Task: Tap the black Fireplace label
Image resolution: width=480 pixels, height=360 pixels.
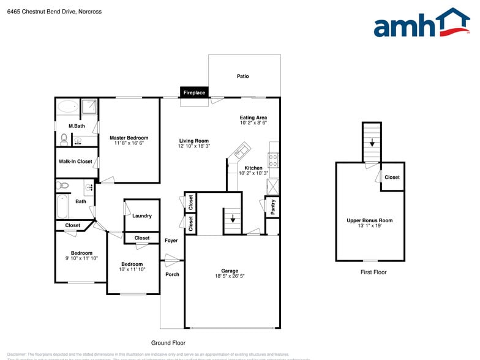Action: tap(194, 92)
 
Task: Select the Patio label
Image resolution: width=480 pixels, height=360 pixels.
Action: tap(243, 77)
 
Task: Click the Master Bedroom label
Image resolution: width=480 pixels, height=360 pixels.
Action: tap(129, 138)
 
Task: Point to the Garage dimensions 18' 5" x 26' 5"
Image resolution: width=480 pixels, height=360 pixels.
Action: tap(230, 276)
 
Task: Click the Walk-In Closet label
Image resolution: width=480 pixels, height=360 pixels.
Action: tap(75, 162)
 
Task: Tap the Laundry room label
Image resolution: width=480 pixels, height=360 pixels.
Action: tap(142, 216)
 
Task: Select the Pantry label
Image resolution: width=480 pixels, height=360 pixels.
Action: tap(272, 206)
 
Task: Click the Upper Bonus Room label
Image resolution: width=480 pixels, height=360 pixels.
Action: tap(369, 220)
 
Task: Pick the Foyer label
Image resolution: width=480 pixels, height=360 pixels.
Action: tap(171, 241)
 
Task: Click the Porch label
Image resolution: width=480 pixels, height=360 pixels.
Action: tap(173, 274)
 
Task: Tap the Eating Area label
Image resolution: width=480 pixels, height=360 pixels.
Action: tap(253, 118)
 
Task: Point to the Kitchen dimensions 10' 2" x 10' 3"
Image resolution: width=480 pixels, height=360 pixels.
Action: tap(253, 173)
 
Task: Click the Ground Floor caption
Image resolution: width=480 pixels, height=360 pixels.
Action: tap(168, 343)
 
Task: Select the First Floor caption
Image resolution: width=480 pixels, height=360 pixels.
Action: tap(373, 272)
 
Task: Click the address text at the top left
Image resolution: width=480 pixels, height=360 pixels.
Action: tap(54, 12)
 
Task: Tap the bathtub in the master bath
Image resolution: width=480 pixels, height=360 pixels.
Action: tap(67, 107)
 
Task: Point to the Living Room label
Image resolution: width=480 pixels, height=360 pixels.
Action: tap(193, 141)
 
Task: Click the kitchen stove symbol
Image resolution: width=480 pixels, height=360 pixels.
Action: tap(274, 160)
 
